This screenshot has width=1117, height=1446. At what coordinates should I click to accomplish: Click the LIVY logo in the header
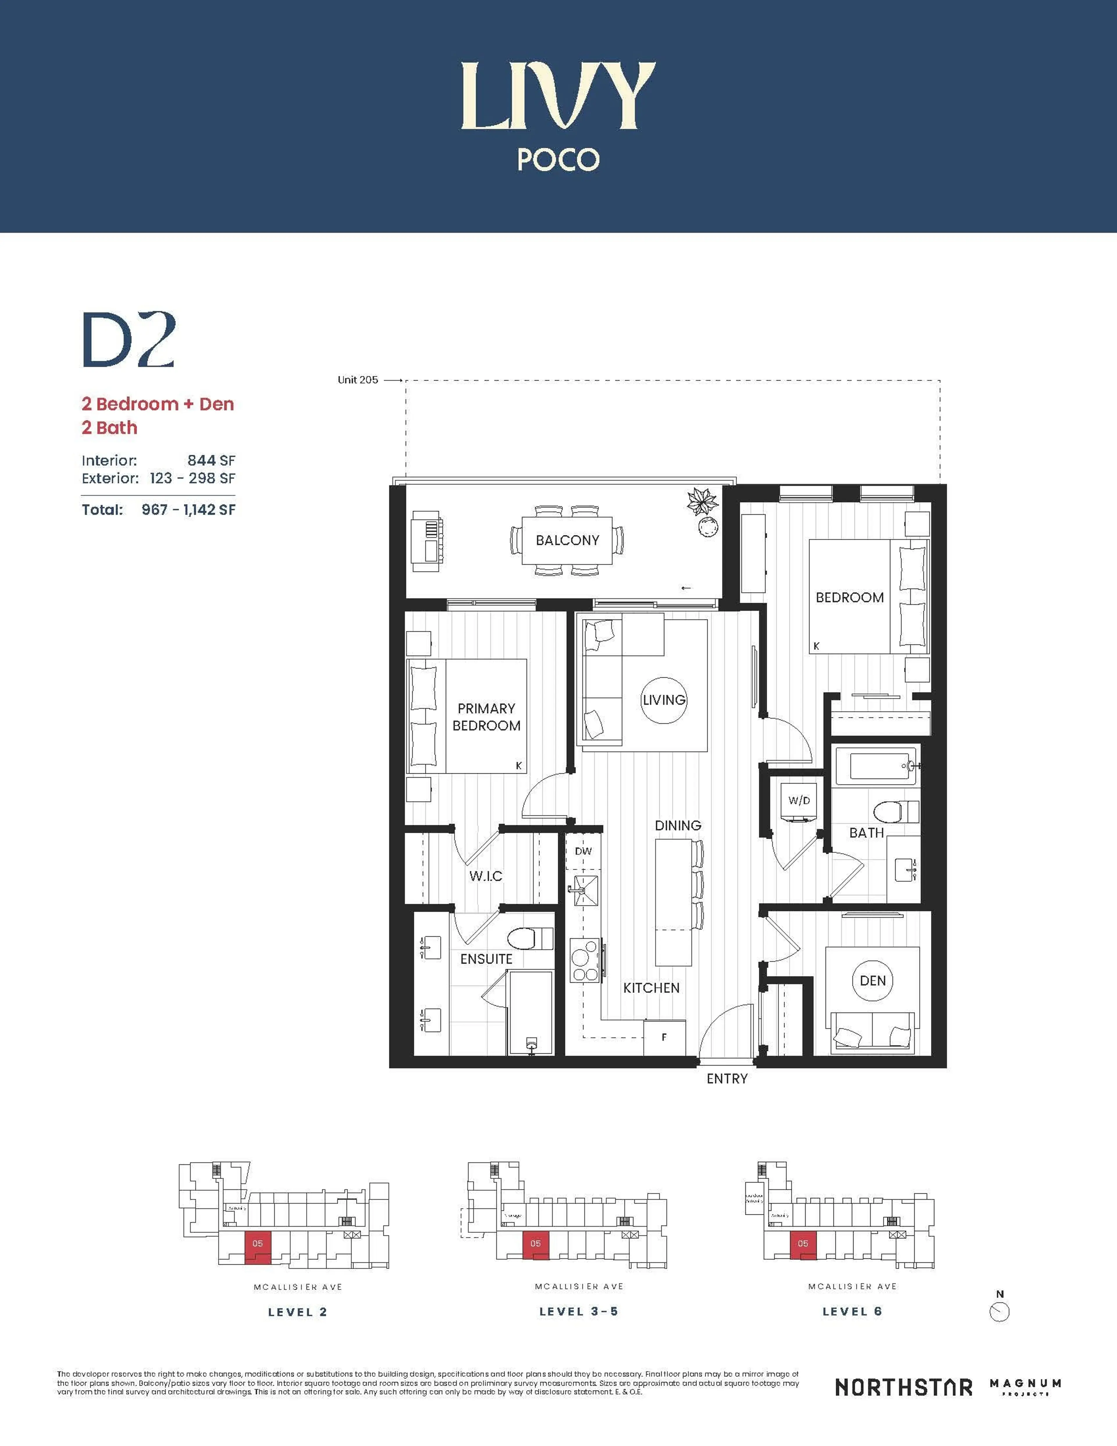tap(558, 96)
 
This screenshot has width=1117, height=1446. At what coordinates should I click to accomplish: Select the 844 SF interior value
tap(210, 460)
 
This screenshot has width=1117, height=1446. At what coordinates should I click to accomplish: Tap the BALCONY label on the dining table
tap(567, 540)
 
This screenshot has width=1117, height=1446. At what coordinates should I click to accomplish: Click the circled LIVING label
tap(664, 700)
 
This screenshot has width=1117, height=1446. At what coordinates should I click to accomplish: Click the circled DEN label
tap(872, 981)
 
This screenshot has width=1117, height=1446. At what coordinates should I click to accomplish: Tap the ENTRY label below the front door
tap(727, 1078)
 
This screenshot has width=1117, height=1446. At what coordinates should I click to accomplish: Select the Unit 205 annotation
tap(358, 380)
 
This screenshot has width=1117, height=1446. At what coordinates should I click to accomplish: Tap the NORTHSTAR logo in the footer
tap(903, 1387)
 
